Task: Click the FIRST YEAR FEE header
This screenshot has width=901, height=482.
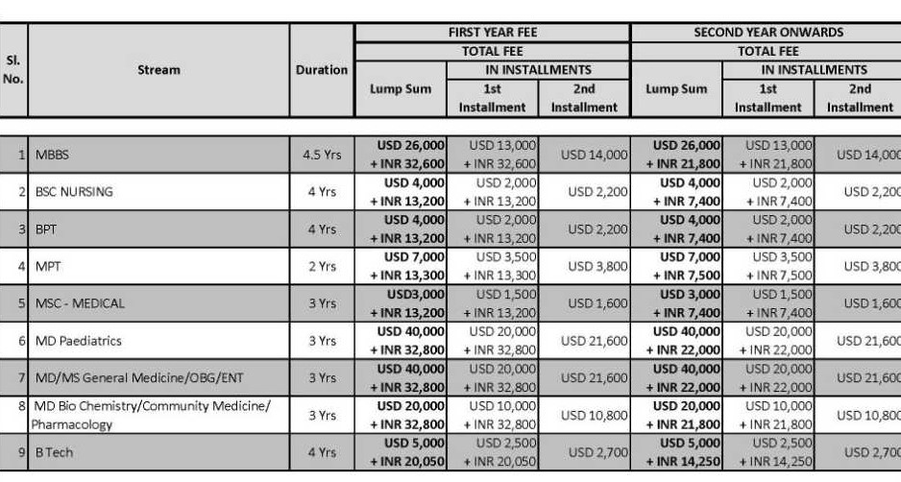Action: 493,33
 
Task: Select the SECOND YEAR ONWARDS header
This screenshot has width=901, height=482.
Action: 768,33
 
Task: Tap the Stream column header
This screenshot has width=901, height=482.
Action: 158,70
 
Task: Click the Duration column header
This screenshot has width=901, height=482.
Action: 322,70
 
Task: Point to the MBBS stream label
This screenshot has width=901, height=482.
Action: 52,155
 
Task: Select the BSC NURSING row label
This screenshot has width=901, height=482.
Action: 74,192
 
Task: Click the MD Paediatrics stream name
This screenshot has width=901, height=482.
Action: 79,341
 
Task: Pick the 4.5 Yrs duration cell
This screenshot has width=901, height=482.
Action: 322,155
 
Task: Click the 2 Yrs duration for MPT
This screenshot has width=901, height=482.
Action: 322,266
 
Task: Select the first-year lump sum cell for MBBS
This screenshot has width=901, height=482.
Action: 402,155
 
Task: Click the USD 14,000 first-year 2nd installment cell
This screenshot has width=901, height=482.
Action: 584,155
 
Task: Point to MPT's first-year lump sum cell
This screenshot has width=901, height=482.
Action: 402,266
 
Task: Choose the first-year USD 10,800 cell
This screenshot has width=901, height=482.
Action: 584,415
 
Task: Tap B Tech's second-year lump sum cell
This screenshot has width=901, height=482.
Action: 677,452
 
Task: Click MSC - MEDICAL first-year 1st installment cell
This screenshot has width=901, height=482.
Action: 493,303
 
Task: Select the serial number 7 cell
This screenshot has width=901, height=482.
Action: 20,378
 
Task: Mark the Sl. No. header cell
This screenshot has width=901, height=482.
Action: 13,70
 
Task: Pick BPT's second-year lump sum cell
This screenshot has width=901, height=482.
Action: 677,229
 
